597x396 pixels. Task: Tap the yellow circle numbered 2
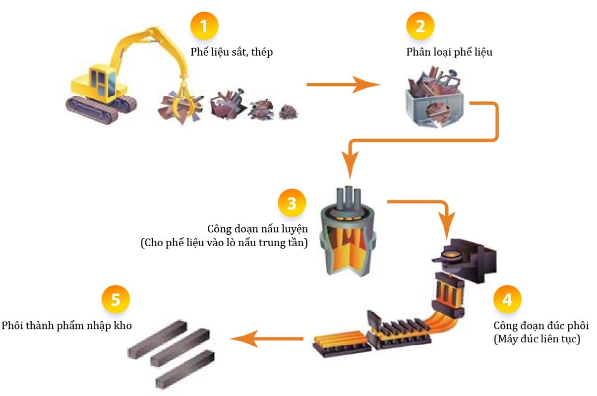pos(420,26)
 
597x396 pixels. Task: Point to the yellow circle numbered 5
pos(116,300)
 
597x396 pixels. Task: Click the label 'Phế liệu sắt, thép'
pos(232,52)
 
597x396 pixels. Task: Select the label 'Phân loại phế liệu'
pos(449,52)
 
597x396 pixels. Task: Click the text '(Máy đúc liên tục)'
pos(537,339)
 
